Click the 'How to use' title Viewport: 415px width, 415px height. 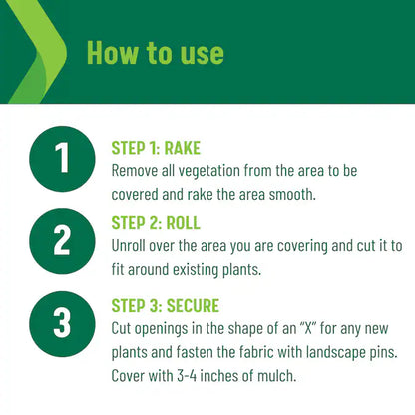click(x=156, y=53)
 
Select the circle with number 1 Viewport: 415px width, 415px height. click(x=62, y=159)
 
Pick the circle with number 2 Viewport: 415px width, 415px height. click(x=62, y=241)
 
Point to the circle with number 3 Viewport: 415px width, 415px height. click(x=62, y=324)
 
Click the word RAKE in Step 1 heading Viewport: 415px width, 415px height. click(x=183, y=148)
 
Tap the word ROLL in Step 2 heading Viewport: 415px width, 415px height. click(x=183, y=223)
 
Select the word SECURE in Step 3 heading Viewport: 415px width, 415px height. click(x=193, y=306)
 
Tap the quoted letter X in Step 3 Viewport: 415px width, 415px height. click(x=309, y=328)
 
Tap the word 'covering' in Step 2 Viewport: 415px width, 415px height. click(x=302, y=247)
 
